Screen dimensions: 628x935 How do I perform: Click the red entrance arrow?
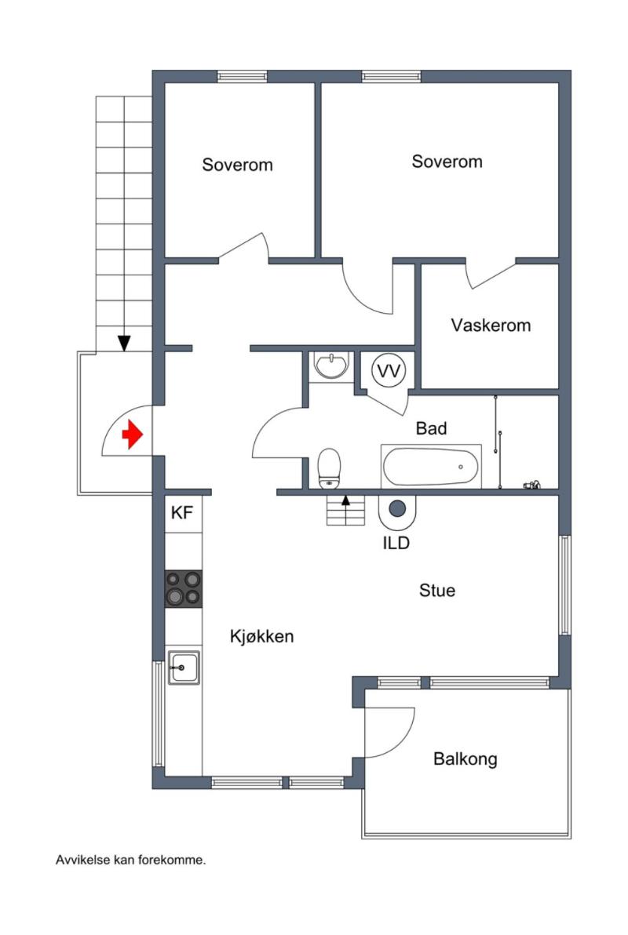click(133, 434)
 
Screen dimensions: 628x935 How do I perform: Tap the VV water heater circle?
click(389, 371)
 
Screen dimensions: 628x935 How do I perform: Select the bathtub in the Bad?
click(430, 467)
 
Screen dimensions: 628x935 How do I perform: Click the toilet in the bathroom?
click(329, 469)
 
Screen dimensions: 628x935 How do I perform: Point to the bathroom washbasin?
click(332, 365)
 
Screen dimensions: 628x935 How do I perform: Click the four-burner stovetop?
click(183, 588)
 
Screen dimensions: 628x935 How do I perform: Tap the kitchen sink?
click(184, 668)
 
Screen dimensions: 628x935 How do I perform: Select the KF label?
click(181, 512)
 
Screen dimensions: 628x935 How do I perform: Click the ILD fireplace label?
click(396, 543)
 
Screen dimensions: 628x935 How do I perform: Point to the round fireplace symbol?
click(397, 508)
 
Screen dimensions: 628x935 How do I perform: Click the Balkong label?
click(465, 759)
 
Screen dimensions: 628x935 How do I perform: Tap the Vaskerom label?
click(491, 325)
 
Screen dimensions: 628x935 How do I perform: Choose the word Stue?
click(437, 591)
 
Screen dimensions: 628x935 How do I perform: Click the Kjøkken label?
click(261, 636)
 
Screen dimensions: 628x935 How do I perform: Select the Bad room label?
click(431, 428)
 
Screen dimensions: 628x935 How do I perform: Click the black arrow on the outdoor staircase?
click(123, 343)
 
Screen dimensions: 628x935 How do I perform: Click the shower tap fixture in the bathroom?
click(532, 485)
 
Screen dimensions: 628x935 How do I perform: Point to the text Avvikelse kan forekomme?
click(131, 860)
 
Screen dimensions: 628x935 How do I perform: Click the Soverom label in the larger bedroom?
click(447, 162)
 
